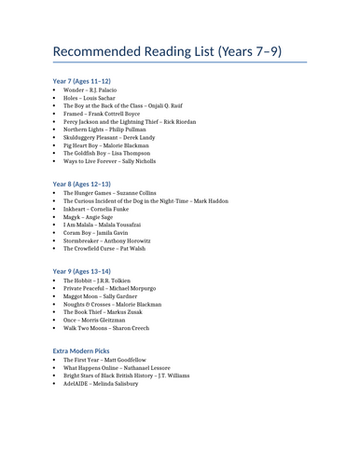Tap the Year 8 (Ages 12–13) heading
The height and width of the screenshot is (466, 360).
85,184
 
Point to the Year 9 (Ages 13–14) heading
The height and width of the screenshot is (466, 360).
85,271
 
